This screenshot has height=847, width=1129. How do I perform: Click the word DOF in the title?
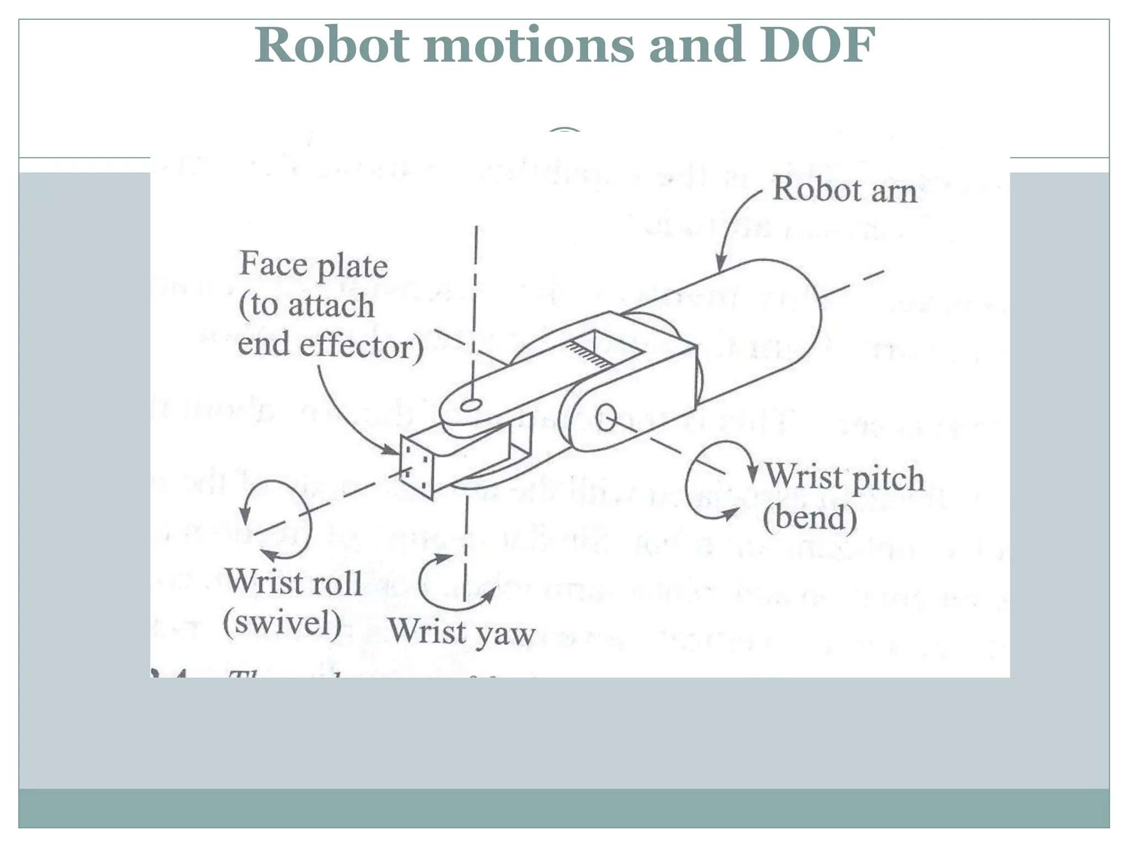click(818, 45)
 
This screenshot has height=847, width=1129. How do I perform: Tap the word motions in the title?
click(529, 45)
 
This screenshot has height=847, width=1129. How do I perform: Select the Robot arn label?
click(844, 190)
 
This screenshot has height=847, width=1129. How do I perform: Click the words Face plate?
click(314, 265)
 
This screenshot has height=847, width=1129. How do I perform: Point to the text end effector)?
click(331, 346)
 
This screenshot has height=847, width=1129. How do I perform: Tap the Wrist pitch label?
click(844, 477)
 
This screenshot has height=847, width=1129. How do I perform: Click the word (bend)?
click(810, 517)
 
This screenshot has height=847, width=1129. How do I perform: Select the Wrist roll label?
click(293, 582)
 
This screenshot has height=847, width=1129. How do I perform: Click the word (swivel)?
click(282, 623)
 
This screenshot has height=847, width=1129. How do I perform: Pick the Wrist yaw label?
click(462, 632)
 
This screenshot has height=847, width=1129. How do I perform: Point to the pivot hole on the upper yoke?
click(470, 406)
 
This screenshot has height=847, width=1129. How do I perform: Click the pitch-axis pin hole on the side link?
click(606, 417)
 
